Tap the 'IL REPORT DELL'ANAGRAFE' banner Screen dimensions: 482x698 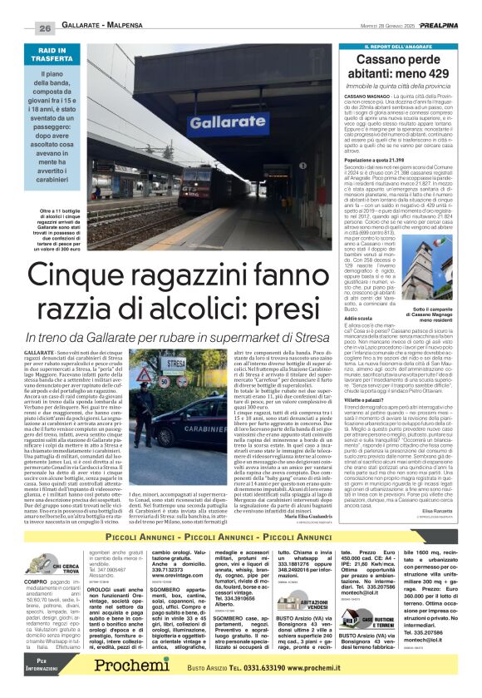(x=400, y=47)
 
